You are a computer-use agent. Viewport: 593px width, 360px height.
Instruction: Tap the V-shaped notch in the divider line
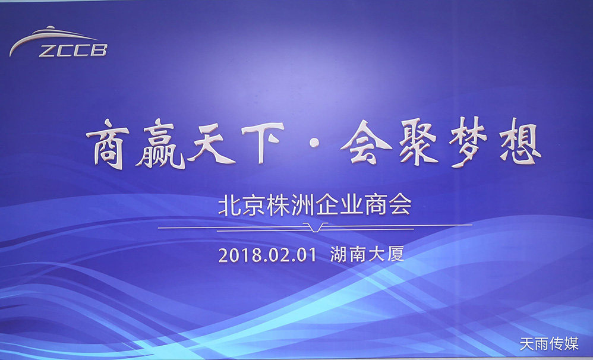click(315, 227)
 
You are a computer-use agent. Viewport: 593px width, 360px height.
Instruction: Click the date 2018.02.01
click(266, 255)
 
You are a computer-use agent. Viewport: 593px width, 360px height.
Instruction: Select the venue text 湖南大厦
click(367, 255)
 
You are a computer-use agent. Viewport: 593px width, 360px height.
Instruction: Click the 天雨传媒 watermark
click(548, 344)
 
